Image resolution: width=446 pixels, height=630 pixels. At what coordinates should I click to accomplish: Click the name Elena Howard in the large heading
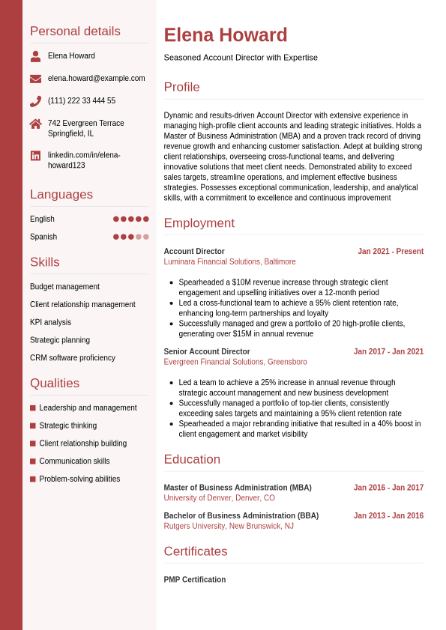pos(226,35)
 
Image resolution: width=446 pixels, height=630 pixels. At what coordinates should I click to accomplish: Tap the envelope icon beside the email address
pos(35,79)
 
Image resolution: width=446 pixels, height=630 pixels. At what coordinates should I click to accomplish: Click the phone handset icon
pos(35,101)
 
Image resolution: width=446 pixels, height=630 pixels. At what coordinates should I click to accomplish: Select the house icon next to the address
pos(35,124)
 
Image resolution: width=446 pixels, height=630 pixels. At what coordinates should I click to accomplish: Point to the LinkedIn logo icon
pos(35,156)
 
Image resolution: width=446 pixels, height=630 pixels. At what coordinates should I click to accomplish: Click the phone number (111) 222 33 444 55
pos(82,101)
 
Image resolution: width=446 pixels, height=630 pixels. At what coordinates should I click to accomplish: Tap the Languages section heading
pos(61,195)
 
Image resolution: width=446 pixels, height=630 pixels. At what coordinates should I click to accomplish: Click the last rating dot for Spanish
pos(146,237)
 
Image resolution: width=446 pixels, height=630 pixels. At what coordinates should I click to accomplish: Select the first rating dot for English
pos(116,219)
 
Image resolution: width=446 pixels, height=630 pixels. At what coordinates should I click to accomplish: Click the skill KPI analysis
pos(50,322)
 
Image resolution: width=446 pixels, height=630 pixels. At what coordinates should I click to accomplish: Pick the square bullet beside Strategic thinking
pos(33,425)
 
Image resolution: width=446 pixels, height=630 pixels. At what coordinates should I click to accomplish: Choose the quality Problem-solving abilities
pos(79,479)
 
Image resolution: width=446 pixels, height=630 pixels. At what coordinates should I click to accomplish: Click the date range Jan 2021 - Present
pos(391,252)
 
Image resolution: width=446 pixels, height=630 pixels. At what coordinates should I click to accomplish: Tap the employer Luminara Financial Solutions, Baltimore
pos(229,262)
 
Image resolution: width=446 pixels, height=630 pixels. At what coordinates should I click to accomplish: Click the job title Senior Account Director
pos(207,351)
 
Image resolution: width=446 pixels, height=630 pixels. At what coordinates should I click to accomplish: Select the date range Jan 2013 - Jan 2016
pos(388,515)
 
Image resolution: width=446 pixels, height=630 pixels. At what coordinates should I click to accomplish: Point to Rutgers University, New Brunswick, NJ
pos(229,526)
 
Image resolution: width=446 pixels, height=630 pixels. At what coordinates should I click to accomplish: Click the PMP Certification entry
pos(195,580)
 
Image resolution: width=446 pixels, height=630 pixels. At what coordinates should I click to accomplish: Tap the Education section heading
pos(192,459)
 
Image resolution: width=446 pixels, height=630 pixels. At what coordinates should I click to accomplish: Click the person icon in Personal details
pos(35,56)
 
